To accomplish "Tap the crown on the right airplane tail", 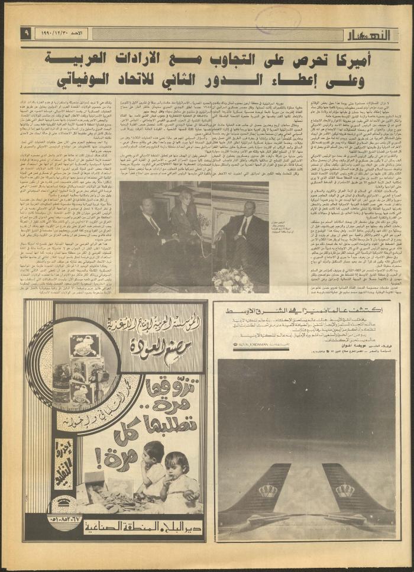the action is pyautogui.click(x=344, y=490).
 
